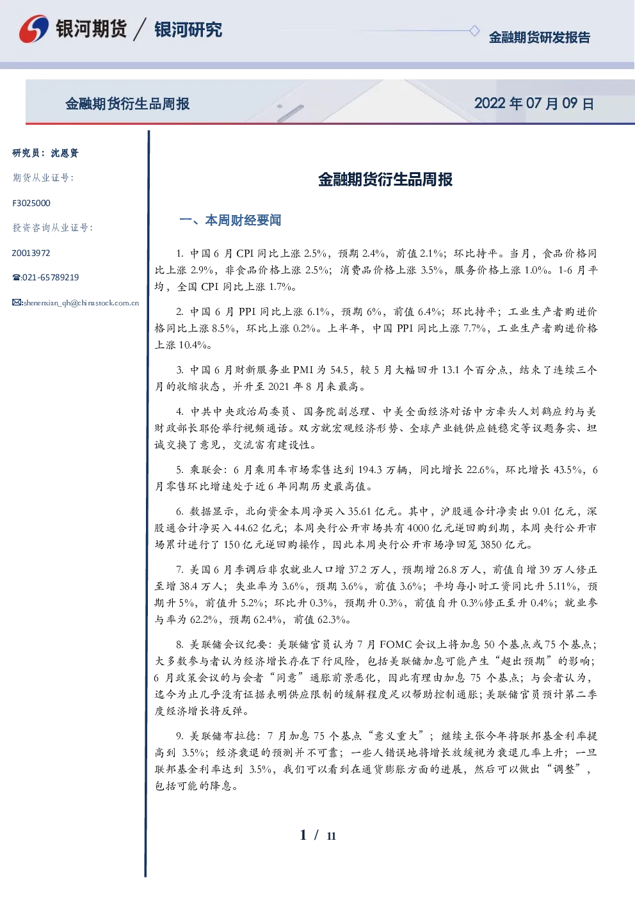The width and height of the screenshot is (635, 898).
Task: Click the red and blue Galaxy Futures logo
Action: coord(34,28)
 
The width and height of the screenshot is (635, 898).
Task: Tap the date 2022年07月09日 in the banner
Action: coord(534,104)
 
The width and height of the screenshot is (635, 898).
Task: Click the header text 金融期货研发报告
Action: coord(539,37)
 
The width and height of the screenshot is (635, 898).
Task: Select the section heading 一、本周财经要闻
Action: coord(230,220)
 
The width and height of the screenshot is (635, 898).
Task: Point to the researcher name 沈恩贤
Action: coord(65,153)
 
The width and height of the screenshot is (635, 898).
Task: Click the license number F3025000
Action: coord(31,204)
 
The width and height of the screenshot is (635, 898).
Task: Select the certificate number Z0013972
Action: coord(31,253)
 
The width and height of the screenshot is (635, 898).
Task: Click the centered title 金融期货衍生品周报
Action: coord(385,179)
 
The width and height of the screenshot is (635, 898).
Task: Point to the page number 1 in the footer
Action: coord(303,835)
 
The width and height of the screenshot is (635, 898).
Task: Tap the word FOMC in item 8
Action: coord(395,645)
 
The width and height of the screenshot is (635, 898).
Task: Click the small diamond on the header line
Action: coord(474,31)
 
